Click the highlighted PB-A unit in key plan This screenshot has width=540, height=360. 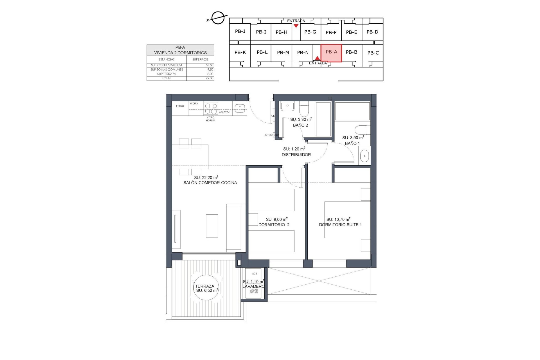click(x=331, y=53)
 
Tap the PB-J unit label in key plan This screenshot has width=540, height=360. click(x=240, y=31)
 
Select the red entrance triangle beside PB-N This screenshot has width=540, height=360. click(x=317, y=58)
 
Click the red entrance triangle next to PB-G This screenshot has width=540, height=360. click(x=296, y=26)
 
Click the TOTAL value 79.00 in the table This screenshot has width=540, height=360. click(x=209, y=78)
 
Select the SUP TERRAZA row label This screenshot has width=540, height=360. click(x=166, y=74)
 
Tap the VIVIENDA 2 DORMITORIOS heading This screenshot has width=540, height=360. click(x=180, y=53)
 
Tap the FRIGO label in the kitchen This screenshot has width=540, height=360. click(x=180, y=106)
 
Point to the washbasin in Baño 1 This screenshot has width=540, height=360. click(x=364, y=156)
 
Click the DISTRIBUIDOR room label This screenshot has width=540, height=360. click(x=296, y=155)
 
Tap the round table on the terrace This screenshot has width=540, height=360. click(x=206, y=288)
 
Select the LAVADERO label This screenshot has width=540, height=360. click(x=253, y=286)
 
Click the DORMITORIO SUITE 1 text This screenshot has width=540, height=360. click(x=340, y=225)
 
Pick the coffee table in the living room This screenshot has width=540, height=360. click(x=212, y=226)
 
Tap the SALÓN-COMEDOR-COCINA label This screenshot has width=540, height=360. click(x=210, y=183)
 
